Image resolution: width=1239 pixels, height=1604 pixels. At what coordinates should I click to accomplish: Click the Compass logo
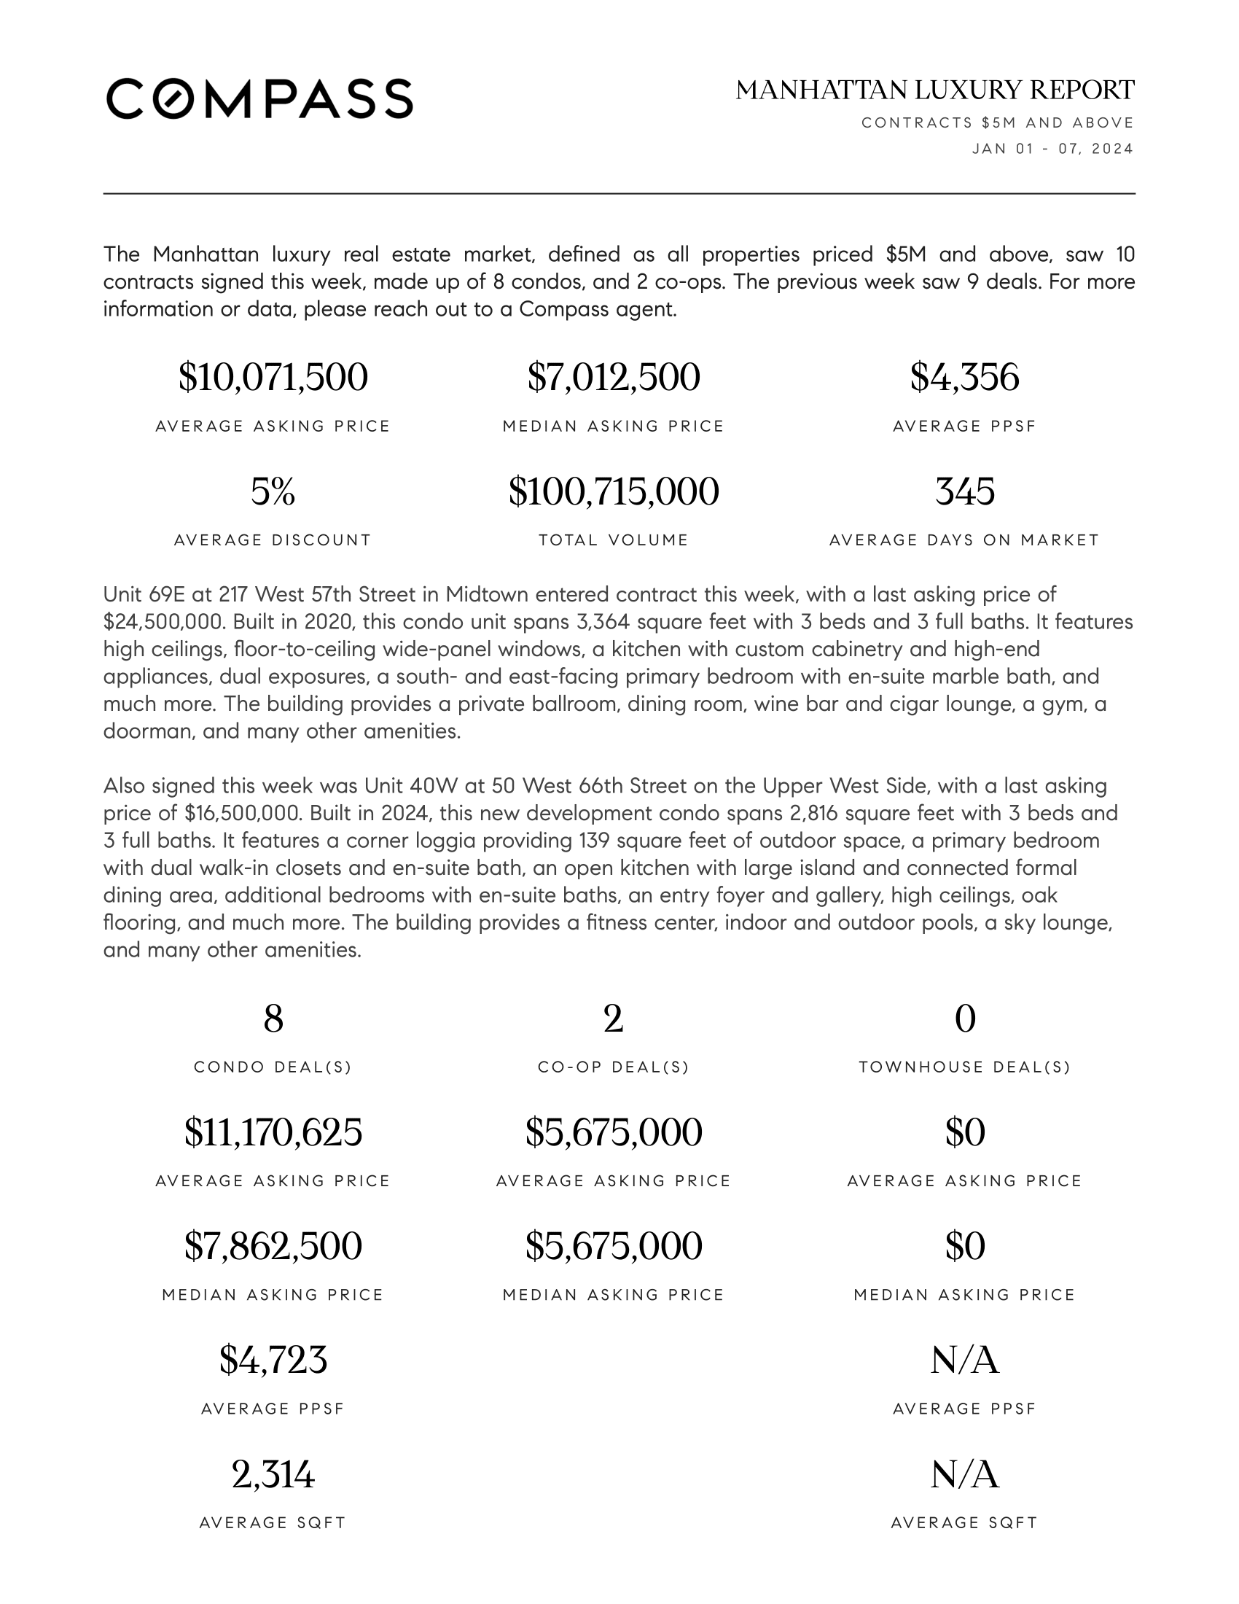[x=259, y=98]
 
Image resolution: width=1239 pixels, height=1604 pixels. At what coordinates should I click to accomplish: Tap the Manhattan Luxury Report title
[x=935, y=90]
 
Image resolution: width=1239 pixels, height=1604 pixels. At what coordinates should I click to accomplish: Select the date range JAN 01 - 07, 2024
[x=1052, y=149]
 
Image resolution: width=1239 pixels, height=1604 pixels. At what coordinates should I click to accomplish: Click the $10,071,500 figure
[x=273, y=378]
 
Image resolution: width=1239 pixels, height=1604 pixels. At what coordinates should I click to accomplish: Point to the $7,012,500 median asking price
[x=614, y=378]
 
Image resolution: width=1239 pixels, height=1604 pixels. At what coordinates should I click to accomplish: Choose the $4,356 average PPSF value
[x=964, y=378]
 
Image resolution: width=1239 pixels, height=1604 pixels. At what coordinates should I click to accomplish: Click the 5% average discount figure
[x=273, y=491]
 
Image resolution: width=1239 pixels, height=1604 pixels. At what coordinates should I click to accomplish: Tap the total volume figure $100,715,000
[x=614, y=491]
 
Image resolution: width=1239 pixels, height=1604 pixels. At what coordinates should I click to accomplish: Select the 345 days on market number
[x=964, y=491]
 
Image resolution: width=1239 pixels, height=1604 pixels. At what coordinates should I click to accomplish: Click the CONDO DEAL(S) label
[x=273, y=1067]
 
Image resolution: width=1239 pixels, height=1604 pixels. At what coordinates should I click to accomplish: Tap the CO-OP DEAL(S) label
[x=614, y=1067]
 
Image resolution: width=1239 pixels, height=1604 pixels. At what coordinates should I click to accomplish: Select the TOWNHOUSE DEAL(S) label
[x=964, y=1067]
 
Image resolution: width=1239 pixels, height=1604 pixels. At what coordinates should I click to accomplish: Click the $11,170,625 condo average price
[x=273, y=1132]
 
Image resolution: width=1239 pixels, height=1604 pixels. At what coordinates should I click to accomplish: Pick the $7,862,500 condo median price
[x=273, y=1246]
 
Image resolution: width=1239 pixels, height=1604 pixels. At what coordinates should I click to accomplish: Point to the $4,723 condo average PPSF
[x=273, y=1360]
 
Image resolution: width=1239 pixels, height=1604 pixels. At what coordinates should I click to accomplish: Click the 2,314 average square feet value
[x=273, y=1474]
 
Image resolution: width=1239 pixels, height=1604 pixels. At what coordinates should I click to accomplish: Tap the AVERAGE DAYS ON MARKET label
[x=964, y=540]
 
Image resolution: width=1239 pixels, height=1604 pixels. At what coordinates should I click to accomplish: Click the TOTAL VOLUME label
[x=614, y=540]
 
